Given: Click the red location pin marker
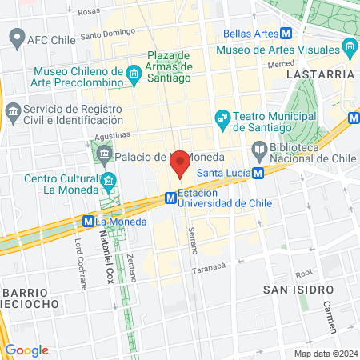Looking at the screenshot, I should click(181, 162).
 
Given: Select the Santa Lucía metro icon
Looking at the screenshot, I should click(258, 173).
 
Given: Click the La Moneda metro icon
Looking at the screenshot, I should click(88, 221).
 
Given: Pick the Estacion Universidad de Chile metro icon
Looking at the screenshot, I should click(170, 197).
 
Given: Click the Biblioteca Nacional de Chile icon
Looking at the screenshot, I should click(259, 150).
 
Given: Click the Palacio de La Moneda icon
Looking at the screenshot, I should click(105, 156).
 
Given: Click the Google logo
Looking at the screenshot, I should click(26, 350).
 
